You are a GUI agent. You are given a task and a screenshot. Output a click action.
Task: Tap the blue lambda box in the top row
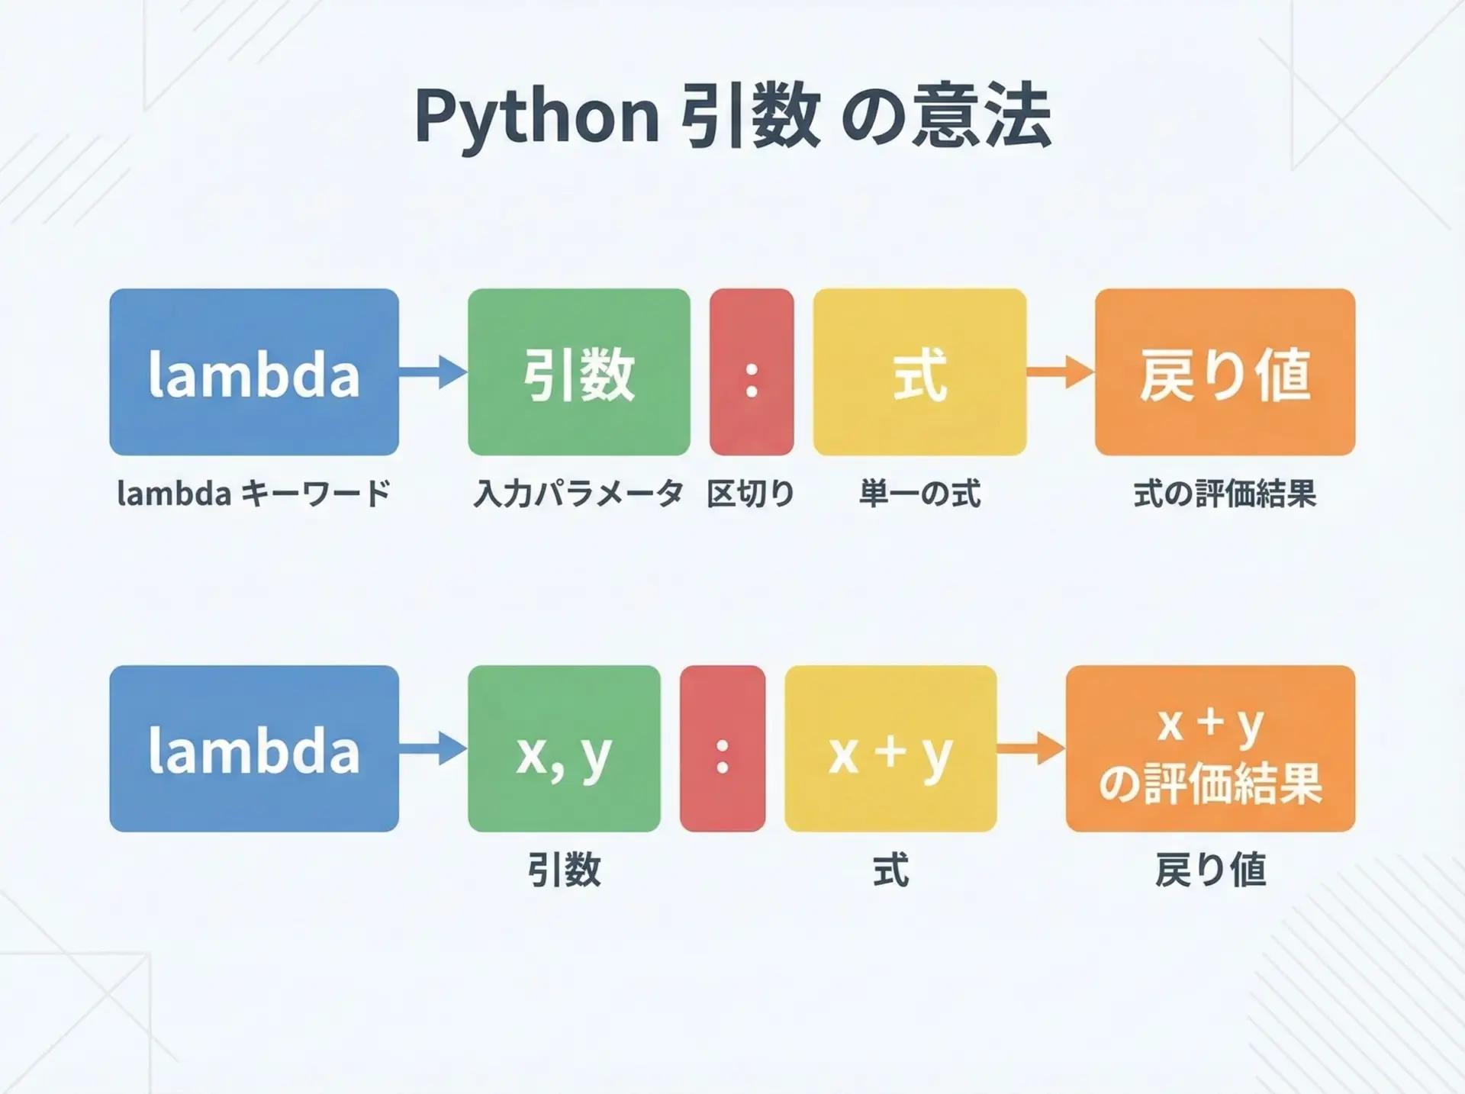pyautogui.click(x=254, y=372)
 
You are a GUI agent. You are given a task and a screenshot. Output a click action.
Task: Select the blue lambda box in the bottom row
pyautogui.click(x=254, y=748)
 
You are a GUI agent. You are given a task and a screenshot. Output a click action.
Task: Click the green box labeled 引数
pyautogui.click(x=578, y=372)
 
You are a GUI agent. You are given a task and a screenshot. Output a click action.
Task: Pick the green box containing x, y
pyautogui.click(x=564, y=748)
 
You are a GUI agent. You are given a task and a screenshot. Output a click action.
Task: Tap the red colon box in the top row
pyautogui.click(x=752, y=372)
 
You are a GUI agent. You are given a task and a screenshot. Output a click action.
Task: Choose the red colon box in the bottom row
pyautogui.click(x=722, y=748)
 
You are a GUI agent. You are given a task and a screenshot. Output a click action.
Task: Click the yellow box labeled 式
pyautogui.click(x=919, y=372)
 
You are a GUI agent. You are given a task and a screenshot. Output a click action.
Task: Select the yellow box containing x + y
pyautogui.click(x=890, y=748)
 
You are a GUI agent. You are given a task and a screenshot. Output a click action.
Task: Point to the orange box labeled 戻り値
pyautogui.click(x=1225, y=372)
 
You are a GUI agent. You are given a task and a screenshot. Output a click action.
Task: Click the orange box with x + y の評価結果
pyautogui.click(x=1210, y=748)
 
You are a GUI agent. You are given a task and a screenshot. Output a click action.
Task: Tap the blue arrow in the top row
pyautogui.click(x=433, y=372)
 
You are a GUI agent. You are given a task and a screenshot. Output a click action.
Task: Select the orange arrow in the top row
pyautogui.click(x=1060, y=372)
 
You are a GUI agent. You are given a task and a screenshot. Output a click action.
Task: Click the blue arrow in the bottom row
pyautogui.click(x=433, y=748)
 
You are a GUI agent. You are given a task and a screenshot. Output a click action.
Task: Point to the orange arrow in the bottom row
pyautogui.click(x=1031, y=748)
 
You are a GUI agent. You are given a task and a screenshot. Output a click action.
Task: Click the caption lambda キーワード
pyautogui.click(x=253, y=494)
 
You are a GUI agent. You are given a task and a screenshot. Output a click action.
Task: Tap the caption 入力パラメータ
pyautogui.click(x=578, y=494)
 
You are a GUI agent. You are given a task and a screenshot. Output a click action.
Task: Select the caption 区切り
pyautogui.click(x=751, y=494)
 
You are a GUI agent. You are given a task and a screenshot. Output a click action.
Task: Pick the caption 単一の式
pyautogui.click(x=919, y=494)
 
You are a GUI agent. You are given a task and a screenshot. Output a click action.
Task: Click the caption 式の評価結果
pyautogui.click(x=1225, y=494)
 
